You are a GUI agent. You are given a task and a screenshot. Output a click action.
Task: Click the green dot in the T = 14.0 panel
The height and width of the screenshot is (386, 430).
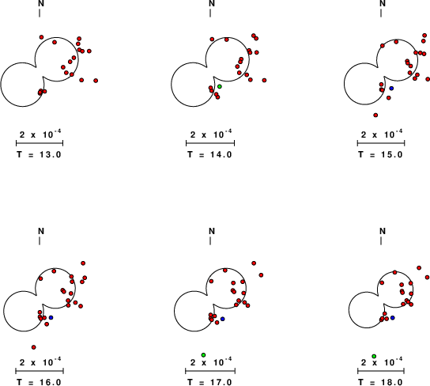tap(220, 86)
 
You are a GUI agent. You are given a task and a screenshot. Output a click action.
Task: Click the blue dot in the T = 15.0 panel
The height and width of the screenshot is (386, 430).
tap(391, 88)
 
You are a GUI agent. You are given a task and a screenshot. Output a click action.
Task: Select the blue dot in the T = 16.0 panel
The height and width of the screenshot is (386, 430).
tap(51, 317)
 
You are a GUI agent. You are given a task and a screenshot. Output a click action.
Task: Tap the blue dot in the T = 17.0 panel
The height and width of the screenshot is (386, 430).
tap(222, 319)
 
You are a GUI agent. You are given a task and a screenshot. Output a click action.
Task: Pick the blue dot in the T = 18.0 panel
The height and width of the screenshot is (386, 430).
tap(392, 318)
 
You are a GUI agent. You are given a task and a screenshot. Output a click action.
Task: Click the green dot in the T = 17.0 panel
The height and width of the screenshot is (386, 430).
tap(203, 355)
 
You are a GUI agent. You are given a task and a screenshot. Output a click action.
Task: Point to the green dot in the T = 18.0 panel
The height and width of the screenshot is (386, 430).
tap(374, 357)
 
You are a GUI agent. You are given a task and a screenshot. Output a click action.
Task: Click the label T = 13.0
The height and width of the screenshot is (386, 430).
tap(39, 154)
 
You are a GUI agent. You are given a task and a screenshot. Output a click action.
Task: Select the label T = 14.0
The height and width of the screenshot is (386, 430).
tap(209, 154)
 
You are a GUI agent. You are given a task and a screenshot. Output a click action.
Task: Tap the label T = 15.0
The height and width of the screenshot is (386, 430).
tap(381, 154)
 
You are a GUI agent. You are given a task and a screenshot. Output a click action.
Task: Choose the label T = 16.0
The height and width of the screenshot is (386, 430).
tap(39, 382)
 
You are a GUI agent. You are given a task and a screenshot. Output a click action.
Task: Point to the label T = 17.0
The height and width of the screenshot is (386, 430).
tap(209, 382)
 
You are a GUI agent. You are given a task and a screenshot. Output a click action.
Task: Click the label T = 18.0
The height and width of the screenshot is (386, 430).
tap(381, 382)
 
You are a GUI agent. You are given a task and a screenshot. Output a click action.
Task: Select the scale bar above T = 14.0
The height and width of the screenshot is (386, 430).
tap(210, 143)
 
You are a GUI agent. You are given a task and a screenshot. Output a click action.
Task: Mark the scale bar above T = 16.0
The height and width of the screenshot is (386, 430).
tap(40, 371)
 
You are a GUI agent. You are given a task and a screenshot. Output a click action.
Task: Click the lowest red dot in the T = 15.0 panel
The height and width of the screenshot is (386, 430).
tap(375, 115)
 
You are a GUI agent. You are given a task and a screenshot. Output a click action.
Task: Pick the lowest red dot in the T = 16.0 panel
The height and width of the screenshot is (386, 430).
tap(34, 347)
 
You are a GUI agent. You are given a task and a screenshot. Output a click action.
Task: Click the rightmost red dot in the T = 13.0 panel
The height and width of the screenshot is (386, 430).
tap(96, 81)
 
